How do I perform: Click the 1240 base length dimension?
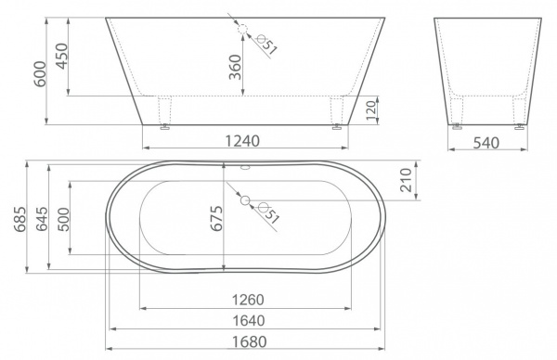click(x=242, y=141)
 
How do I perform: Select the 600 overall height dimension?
click(x=40, y=74)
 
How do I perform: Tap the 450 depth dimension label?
click(x=61, y=56)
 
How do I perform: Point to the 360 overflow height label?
click(x=235, y=67)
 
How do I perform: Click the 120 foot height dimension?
click(x=370, y=110)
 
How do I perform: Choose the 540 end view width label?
click(x=486, y=143)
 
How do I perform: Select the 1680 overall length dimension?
click(x=249, y=341)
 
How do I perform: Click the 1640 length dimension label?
click(x=249, y=321)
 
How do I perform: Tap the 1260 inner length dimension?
click(x=248, y=300)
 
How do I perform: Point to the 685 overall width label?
click(x=19, y=219)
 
